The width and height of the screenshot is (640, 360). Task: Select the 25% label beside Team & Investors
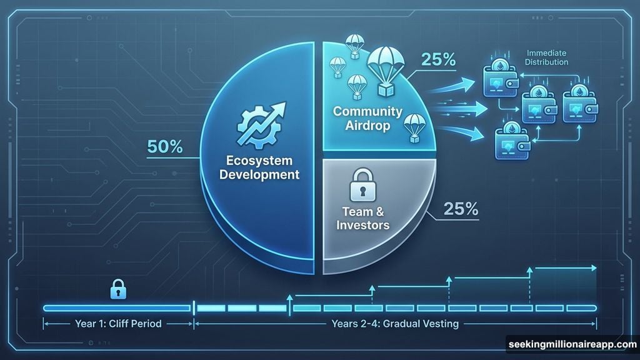point(461,209)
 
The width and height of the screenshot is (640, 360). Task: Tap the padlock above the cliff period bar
point(116,289)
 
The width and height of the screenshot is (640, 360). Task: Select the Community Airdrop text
point(367,118)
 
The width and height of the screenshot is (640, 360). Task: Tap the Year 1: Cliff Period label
point(117,324)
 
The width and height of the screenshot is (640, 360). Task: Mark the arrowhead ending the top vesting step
point(594,268)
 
